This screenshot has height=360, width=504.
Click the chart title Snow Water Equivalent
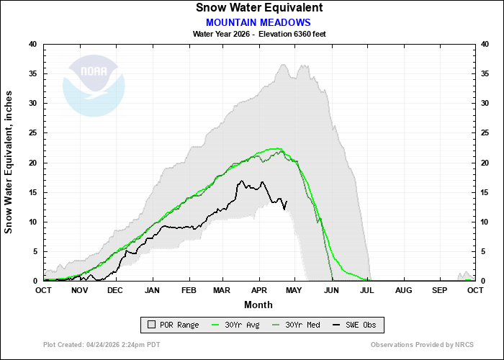[258, 8]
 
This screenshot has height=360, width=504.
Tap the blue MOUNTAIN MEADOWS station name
[258, 22]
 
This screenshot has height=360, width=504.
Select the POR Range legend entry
[171, 325]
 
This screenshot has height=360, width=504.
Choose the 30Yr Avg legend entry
[238, 325]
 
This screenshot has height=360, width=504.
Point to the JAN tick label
[152, 290]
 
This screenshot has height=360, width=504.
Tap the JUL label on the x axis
[367, 290]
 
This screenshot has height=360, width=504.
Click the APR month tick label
[259, 290]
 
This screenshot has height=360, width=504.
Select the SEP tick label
[439, 290]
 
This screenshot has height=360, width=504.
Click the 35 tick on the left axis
[32, 73]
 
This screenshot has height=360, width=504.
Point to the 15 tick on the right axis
[486, 192]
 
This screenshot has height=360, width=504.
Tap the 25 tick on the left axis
[32, 133]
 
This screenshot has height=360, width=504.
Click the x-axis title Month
[258, 305]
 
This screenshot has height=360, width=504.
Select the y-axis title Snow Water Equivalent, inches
[9, 162]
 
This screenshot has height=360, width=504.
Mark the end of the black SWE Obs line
[287, 201]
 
